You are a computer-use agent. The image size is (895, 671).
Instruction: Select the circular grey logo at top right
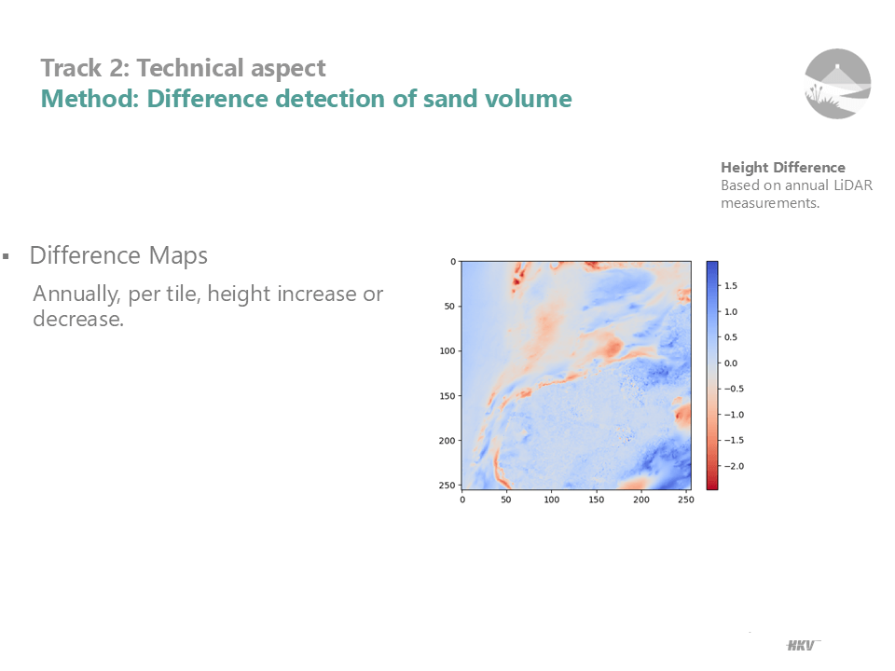click(x=837, y=84)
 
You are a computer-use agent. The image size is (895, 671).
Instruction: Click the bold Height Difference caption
click(x=782, y=167)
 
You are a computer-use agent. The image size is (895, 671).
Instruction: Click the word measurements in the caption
click(x=769, y=202)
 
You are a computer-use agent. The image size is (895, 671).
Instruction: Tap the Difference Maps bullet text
click(x=118, y=255)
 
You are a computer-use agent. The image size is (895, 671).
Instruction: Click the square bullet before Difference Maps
click(x=7, y=256)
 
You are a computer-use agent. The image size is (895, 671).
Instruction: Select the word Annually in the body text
click(x=76, y=294)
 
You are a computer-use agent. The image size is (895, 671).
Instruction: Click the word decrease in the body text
click(x=78, y=319)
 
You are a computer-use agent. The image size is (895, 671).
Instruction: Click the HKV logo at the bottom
click(x=802, y=645)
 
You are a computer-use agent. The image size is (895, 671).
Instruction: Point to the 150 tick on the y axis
click(x=447, y=395)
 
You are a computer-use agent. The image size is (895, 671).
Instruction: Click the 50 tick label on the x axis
click(x=506, y=500)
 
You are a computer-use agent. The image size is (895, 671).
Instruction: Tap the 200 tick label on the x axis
click(x=641, y=500)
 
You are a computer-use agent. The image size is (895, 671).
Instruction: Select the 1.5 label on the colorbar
click(x=731, y=286)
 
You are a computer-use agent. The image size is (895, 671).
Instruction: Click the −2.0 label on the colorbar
click(x=734, y=466)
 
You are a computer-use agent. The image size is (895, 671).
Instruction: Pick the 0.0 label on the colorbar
click(x=731, y=363)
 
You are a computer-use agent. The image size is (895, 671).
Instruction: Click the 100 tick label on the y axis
click(x=447, y=351)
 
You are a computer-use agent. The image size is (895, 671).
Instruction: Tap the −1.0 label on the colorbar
click(x=734, y=415)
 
